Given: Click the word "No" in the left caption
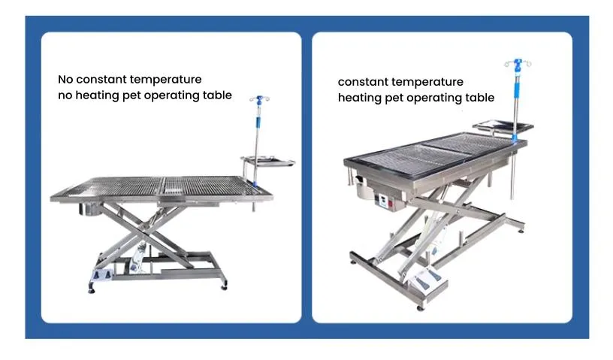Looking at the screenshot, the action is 65,80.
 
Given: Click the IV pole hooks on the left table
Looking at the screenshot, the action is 260,99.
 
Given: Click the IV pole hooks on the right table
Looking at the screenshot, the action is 518,62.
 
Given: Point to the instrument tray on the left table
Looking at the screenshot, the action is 268,161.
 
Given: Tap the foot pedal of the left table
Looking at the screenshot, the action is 101,274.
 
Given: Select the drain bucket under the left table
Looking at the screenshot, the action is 90,210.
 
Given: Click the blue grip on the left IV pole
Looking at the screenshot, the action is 258,122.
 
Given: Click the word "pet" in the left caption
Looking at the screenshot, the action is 131,96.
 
